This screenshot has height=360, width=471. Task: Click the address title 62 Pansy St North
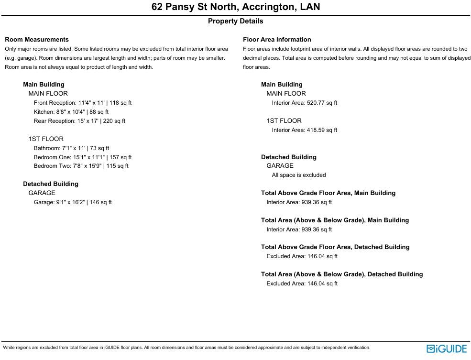(236, 7)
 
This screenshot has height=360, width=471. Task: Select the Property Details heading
(235, 21)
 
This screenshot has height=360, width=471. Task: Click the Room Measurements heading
(37, 40)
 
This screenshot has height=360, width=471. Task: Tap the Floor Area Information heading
(277, 40)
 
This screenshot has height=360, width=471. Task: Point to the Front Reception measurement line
(82, 103)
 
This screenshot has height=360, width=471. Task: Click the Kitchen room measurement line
(71, 112)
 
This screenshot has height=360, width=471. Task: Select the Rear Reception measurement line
(79, 121)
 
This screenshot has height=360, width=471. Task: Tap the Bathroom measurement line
(71, 148)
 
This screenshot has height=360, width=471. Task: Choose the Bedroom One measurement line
(82, 157)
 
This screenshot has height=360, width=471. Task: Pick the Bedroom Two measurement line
(81, 166)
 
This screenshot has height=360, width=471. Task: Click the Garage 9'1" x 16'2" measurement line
(73, 202)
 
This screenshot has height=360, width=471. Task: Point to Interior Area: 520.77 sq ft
(304, 103)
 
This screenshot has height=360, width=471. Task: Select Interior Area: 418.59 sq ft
(304, 130)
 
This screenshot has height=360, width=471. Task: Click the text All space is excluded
(299, 175)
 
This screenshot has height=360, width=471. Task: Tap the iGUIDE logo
(446, 349)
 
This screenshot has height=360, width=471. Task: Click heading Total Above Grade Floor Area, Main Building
(328, 193)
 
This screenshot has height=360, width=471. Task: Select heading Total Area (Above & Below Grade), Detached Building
(342, 274)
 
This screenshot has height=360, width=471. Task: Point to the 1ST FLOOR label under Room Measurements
(46, 139)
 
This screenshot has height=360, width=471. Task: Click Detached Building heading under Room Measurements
(51, 184)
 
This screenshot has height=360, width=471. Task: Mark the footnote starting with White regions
(186, 348)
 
